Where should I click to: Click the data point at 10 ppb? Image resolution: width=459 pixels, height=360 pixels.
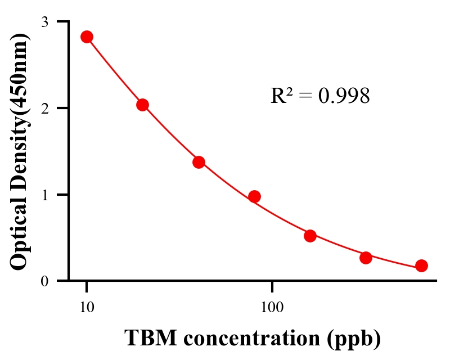[x=87, y=37]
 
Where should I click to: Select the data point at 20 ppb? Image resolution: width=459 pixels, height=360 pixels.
[x=142, y=105]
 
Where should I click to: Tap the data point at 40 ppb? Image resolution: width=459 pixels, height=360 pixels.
[x=199, y=162]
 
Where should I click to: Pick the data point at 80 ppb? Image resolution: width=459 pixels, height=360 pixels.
[x=254, y=196]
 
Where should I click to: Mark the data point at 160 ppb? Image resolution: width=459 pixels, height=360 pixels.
[x=310, y=236]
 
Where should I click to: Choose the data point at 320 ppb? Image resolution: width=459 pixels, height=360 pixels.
[x=366, y=258]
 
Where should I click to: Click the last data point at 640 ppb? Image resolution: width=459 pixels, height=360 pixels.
[x=421, y=265]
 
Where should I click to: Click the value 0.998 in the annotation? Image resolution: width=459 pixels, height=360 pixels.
[x=344, y=96]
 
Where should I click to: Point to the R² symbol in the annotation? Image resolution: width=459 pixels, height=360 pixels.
[x=282, y=96]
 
